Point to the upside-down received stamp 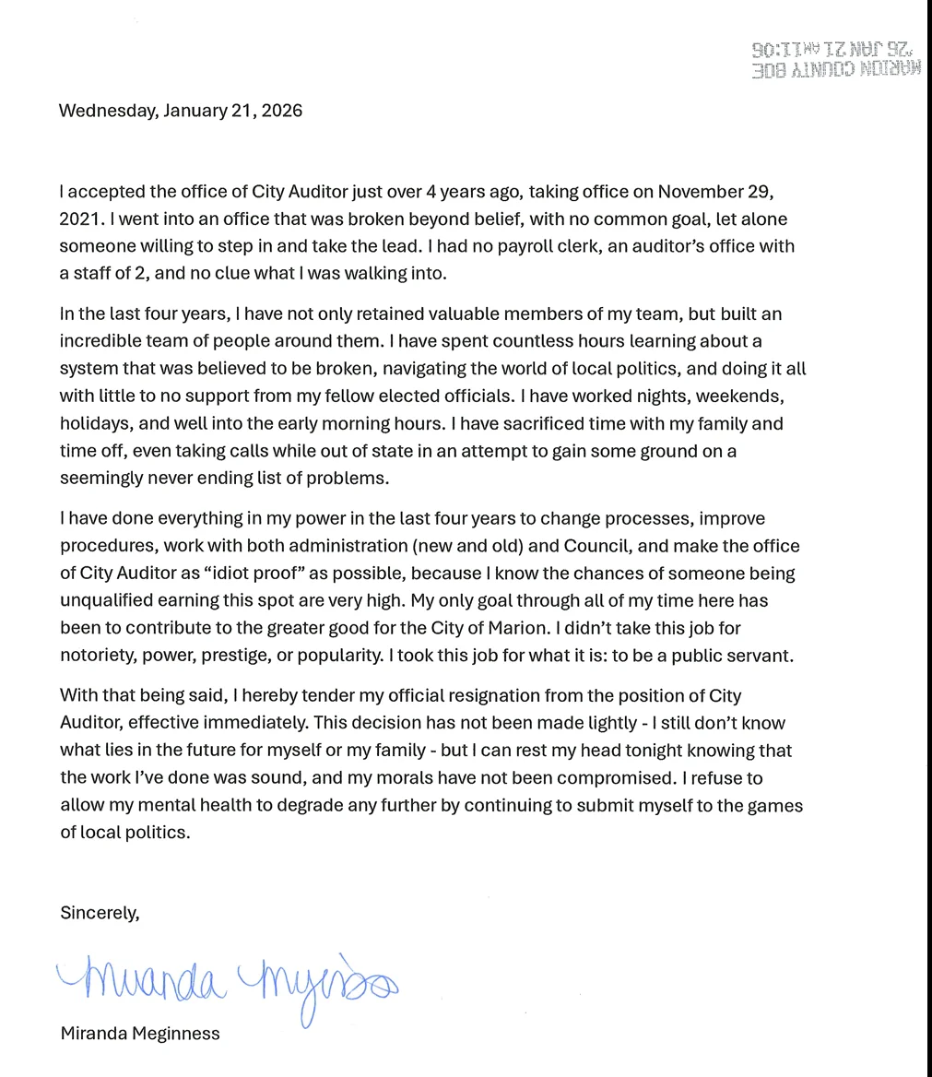(x=835, y=59)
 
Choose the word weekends (x=745, y=396)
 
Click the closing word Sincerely (x=100, y=913)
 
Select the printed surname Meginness (x=175, y=1034)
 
